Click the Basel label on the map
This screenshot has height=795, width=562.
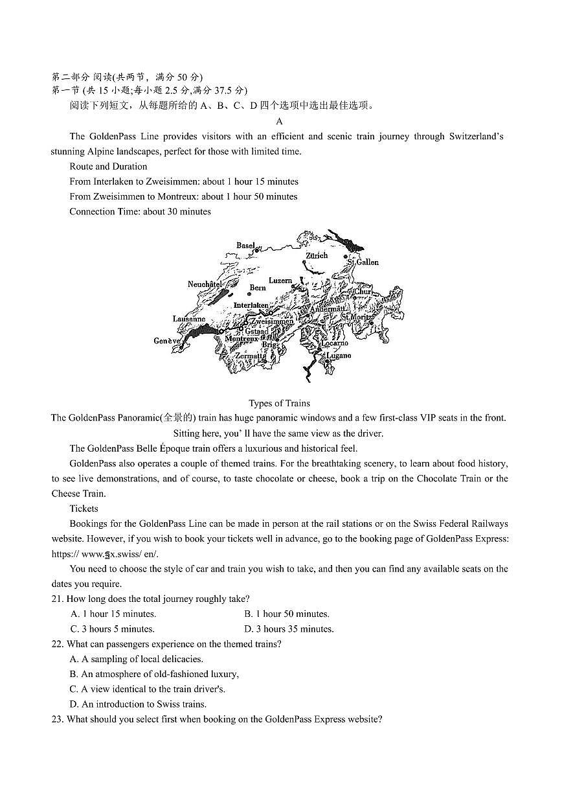(x=245, y=246)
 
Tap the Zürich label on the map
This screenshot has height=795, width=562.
(x=317, y=256)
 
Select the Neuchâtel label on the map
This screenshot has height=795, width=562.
(x=205, y=284)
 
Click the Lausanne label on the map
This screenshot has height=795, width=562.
(x=188, y=319)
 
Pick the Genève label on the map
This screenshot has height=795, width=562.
(x=166, y=341)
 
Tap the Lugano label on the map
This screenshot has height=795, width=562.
(x=339, y=356)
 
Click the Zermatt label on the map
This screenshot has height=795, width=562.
(x=250, y=356)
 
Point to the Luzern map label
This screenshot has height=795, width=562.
(x=280, y=281)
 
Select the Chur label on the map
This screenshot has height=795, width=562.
(x=363, y=292)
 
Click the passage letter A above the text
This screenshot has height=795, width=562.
(x=279, y=121)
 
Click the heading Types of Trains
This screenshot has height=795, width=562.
(x=279, y=403)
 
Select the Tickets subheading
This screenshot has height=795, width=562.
(x=84, y=509)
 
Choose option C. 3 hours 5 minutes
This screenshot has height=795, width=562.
(x=113, y=628)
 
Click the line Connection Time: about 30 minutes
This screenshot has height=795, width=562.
(x=140, y=211)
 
